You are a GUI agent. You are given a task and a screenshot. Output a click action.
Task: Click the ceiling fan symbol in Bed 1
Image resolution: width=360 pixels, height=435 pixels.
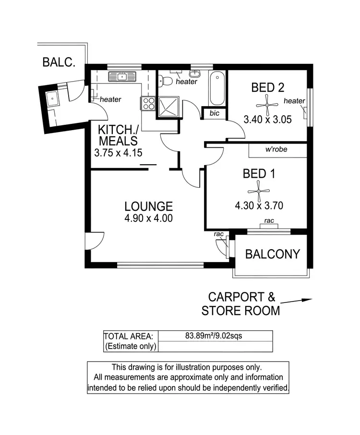258,191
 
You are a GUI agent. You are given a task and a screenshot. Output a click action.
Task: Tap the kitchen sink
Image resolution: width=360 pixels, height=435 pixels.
122,76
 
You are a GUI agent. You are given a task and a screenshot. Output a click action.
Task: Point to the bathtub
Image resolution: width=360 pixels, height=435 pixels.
217,88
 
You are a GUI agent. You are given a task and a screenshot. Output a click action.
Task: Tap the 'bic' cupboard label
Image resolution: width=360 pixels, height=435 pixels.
214,113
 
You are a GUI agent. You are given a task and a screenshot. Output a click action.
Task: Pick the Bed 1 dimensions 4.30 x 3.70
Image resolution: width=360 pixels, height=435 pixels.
259,206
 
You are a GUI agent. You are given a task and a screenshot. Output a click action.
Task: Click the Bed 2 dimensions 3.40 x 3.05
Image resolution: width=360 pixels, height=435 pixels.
267,120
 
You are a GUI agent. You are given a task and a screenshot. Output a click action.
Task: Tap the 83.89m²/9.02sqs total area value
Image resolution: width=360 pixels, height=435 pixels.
214,336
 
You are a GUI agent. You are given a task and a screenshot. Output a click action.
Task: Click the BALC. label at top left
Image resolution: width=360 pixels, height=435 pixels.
58,62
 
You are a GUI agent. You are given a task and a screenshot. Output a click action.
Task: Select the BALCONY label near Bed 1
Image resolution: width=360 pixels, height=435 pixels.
272,254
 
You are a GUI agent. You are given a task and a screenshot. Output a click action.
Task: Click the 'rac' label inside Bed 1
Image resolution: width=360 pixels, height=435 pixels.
269,221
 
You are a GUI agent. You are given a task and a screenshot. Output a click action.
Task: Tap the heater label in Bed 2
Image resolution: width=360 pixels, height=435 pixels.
294,101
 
